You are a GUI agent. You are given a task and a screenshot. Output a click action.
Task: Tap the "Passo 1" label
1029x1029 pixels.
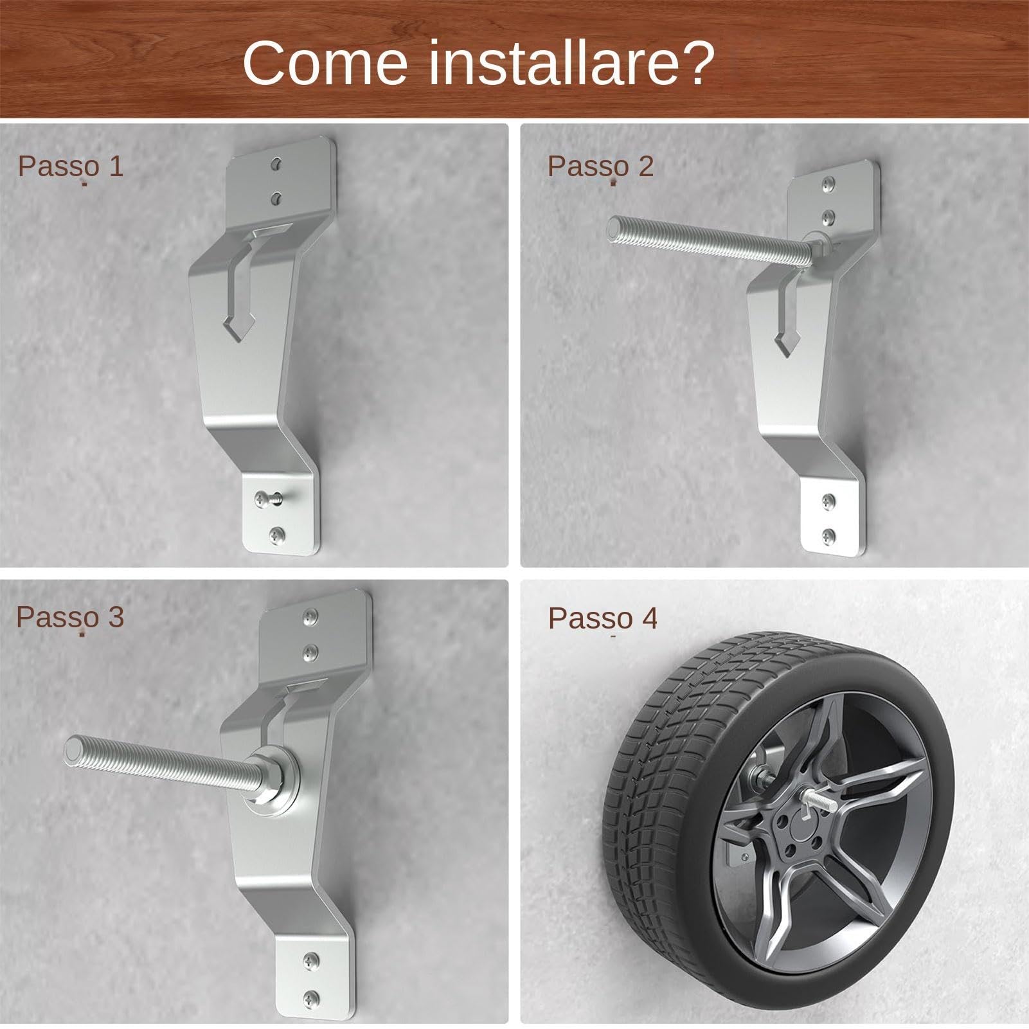pyautogui.click(x=70, y=166)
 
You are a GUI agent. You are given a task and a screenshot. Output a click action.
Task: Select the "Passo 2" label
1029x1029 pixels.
pyautogui.click(x=600, y=166)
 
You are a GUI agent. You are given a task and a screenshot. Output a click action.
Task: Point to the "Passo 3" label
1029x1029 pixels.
pyautogui.click(x=69, y=617)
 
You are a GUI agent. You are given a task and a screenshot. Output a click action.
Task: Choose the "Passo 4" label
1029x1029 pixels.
pyautogui.click(x=603, y=618)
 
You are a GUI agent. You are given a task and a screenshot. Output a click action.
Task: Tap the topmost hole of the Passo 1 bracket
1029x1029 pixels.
pyautogui.click(x=276, y=164)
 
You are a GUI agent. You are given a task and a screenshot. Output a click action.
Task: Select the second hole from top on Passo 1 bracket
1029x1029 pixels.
pyautogui.click(x=277, y=197)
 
